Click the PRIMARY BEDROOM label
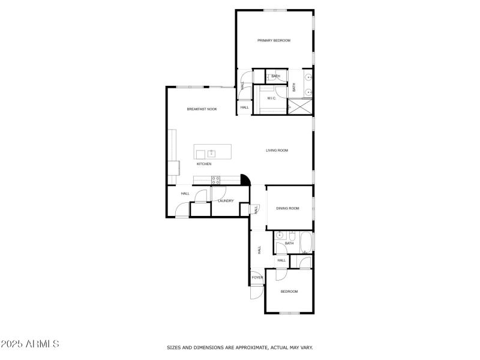click(x=274, y=41)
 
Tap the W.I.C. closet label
click(x=271, y=98)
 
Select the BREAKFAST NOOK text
click(x=202, y=109)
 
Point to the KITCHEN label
click(x=204, y=164)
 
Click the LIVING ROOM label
click(x=277, y=151)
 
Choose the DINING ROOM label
click(x=287, y=209)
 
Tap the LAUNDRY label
click(x=226, y=201)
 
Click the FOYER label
click(x=257, y=278)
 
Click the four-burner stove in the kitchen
click(x=215, y=179)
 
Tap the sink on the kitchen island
click(x=211, y=154)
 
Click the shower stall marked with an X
click(x=300, y=107)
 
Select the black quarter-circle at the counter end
click(x=245, y=179)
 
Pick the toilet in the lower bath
click(x=292, y=235)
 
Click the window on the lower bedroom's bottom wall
click(x=290, y=313)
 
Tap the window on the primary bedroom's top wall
click(x=274, y=10)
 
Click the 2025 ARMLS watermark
click(x=30, y=344)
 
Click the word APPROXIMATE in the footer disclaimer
click(x=246, y=347)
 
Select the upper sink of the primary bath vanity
click(x=308, y=78)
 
